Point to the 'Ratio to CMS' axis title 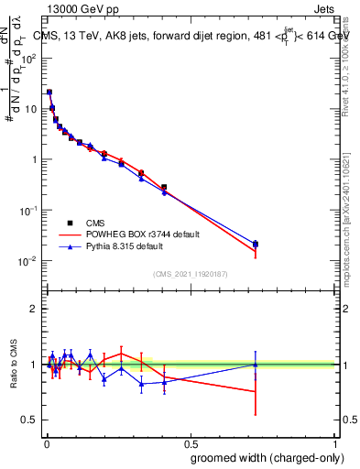[x=13, y=365]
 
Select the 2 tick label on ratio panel [x=34, y=309]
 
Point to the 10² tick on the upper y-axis [x=27, y=58]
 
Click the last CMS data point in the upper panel [x=256, y=244]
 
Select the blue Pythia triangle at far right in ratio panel [x=256, y=365]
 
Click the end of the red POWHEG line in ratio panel [x=256, y=391]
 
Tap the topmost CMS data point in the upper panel [x=49, y=92]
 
